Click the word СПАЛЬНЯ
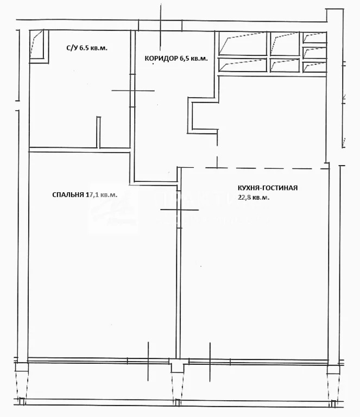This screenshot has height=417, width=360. (68, 194)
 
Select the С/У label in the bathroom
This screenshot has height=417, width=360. (71, 48)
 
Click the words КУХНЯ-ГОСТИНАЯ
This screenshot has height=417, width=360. (267, 188)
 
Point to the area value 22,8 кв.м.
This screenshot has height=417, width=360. (254, 198)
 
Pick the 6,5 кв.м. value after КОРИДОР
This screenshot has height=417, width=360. (194, 59)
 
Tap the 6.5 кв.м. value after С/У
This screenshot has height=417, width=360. (93, 48)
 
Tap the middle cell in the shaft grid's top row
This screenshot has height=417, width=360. (285, 43)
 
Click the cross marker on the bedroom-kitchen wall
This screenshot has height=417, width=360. (176, 209)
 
